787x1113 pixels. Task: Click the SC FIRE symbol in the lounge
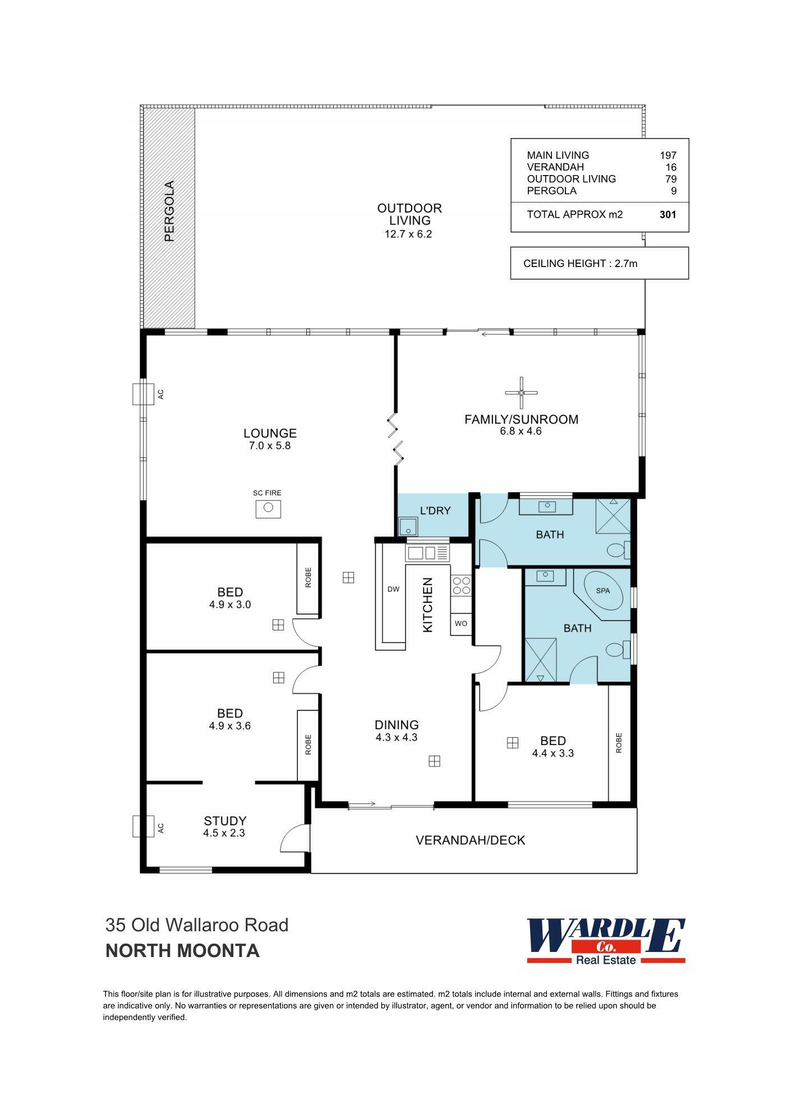[268, 508]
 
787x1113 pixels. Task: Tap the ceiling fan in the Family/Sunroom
[521, 392]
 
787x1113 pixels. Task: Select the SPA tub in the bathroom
[603, 591]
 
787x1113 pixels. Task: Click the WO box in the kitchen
[461, 624]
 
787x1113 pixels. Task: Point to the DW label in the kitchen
[393, 589]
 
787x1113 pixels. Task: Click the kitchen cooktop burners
[461, 586]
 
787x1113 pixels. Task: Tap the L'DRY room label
[435, 510]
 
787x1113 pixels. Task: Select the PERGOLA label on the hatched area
[169, 211]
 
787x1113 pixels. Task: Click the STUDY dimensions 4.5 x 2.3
[224, 833]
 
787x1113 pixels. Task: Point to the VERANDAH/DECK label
[470, 840]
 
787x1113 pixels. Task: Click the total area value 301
[668, 214]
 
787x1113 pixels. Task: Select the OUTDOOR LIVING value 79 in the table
[670, 179]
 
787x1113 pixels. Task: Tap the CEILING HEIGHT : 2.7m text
[580, 263]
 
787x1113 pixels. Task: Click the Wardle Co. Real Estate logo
[606, 941]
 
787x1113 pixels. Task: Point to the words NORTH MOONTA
[182, 951]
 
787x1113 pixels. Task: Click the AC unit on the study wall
[142, 826]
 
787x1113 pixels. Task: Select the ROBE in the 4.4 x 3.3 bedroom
[619, 743]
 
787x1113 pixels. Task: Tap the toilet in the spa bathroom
[618, 650]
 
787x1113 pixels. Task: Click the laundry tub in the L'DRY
[408, 527]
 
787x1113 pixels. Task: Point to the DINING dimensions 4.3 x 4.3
[397, 738]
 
